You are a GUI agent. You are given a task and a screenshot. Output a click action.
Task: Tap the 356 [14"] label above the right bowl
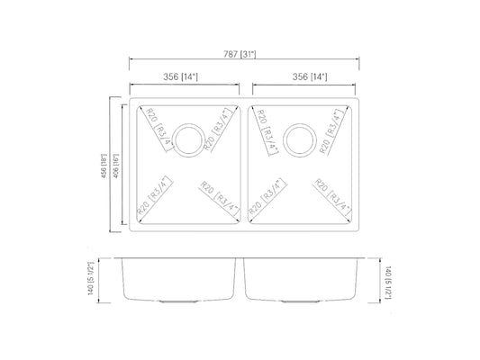click(x=305, y=77)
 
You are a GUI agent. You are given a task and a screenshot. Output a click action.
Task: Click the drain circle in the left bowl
click(x=188, y=139)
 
